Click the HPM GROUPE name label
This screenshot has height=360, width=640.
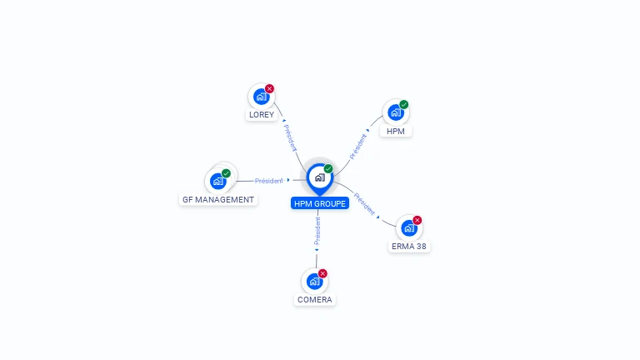[319, 203]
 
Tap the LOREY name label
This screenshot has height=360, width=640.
[261, 115]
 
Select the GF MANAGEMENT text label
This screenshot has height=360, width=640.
[218, 200]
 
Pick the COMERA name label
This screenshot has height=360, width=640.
[314, 300]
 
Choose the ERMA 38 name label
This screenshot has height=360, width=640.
[409, 247]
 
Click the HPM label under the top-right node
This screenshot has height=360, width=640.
[396, 132]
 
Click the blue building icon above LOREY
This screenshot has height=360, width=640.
[261, 97]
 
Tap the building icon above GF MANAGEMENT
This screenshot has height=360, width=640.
[217, 181]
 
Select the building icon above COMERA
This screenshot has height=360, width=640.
[313, 281]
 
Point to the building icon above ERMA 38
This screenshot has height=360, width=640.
[408, 227]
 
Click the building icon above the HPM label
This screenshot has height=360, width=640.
[395, 112]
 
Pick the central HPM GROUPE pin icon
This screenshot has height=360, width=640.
[319, 177]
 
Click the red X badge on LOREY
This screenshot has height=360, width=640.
[269, 88]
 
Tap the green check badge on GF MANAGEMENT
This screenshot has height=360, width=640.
[226, 173]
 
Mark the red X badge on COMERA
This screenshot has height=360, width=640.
[322, 273]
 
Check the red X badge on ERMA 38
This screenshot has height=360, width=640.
[417, 220]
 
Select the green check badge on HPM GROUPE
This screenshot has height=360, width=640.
[328, 168]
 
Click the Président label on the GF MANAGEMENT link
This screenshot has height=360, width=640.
[269, 180]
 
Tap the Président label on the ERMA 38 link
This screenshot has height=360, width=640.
[364, 203]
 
